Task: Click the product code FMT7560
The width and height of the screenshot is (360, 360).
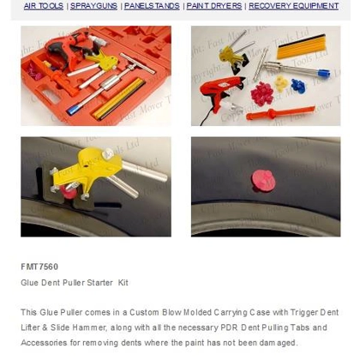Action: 39,267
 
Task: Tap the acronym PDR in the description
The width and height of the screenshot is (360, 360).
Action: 219,327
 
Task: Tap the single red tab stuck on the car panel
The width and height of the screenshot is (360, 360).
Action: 264,180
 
